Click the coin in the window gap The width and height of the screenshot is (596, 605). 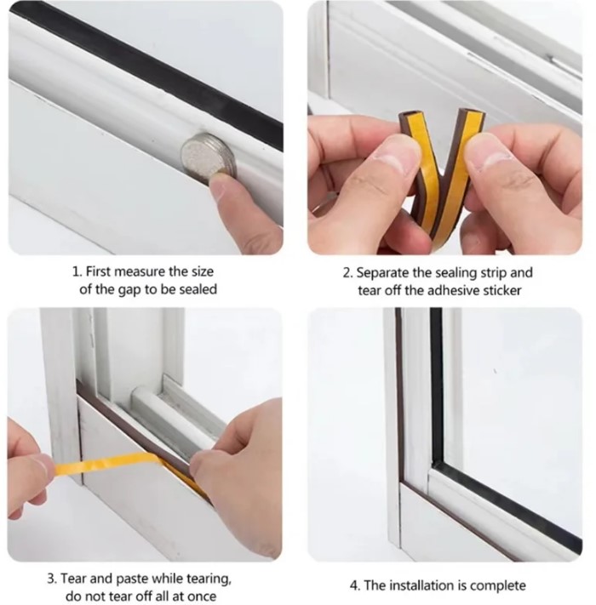pyautogui.click(x=209, y=156)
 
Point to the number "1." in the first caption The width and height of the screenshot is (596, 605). pyautogui.click(x=77, y=271)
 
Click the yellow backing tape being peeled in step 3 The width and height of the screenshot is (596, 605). pyautogui.click(x=108, y=464)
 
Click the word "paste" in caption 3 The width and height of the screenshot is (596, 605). pyautogui.click(x=133, y=579)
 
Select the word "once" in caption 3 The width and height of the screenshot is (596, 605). pyautogui.click(x=201, y=596)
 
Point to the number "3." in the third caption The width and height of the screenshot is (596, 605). pyautogui.click(x=52, y=579)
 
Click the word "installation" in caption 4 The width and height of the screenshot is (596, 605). pyautogui.click(x=421, y=585)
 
